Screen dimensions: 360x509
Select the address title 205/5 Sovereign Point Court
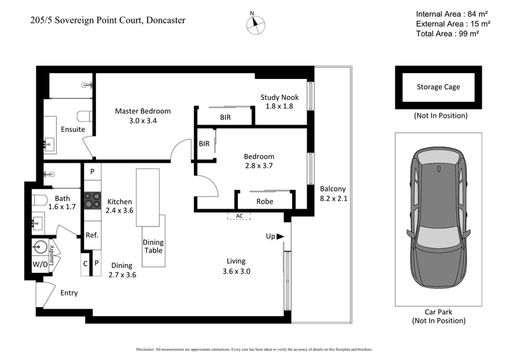click(108, 20)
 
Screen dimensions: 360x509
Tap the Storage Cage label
click(438, 87)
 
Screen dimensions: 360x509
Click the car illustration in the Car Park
click(438, 224)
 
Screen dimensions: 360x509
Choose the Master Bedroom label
click(143, 111)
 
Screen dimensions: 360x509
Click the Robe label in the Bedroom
click(265, 201)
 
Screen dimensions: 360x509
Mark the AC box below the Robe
click(239, 216)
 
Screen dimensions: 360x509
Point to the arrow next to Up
click(280, 237)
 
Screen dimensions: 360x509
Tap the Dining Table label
click(153, 246)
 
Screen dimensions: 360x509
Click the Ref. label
click(92, 235)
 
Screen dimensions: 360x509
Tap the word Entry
click(69, 293)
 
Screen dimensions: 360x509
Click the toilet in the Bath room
click(39, 201)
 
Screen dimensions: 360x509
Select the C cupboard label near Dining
click(86, 263)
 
